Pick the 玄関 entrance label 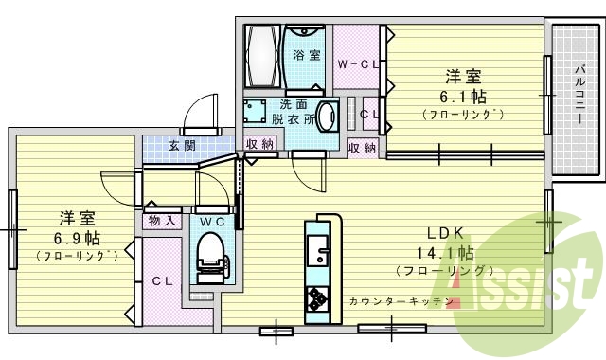182,146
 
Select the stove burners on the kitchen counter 316,298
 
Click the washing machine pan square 254,113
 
